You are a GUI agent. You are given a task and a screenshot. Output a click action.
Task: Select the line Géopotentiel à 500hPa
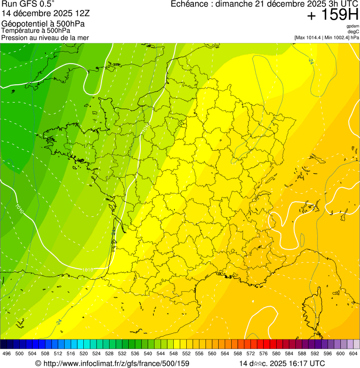[43, 23]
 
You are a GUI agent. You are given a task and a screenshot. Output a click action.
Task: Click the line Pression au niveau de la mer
[45, 37]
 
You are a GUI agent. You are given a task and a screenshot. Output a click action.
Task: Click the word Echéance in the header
[191, 4]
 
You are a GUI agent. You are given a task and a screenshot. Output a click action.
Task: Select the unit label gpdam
[353, 27]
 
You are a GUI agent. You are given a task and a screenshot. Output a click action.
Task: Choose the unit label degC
[353, 32]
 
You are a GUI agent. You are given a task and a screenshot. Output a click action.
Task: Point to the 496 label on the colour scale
[7, 353]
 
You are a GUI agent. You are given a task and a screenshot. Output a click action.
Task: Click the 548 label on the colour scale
[173, 353]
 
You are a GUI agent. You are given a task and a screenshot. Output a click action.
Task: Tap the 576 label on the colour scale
[263, 353]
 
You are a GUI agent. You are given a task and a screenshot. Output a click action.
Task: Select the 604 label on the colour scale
[353, 353]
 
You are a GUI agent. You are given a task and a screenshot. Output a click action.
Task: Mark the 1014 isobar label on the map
[146, 126]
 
